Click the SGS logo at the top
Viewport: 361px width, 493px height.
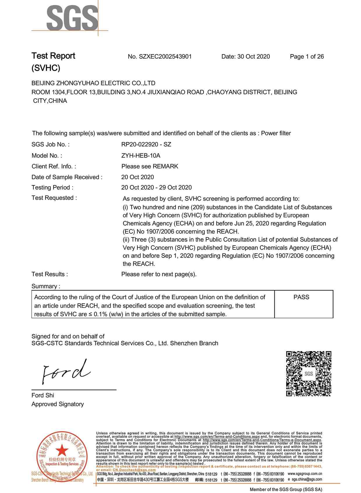point(72,18)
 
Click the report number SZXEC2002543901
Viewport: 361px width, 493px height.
point(165,57)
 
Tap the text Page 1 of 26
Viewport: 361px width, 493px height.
point(307,57)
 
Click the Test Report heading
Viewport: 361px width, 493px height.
point(53,56)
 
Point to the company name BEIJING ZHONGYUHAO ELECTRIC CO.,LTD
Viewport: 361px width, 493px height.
point(93,83)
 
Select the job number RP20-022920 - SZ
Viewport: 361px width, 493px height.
point(146,144)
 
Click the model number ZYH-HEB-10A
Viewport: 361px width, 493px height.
point(141,155)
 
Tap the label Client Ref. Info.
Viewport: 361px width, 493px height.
point(54,166)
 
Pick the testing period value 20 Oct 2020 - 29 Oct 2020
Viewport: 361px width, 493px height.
point(156,187)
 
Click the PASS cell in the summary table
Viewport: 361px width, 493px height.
point(301,297)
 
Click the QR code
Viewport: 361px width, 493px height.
point(309,374)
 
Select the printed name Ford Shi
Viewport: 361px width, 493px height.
point(43,395)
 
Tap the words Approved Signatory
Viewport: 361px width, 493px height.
point(58,404)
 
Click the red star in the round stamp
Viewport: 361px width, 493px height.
point(62,451)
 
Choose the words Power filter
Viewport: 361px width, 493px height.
point(276,133)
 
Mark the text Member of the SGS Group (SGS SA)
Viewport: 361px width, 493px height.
point(286,490)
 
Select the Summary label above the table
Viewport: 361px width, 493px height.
point(46,286)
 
